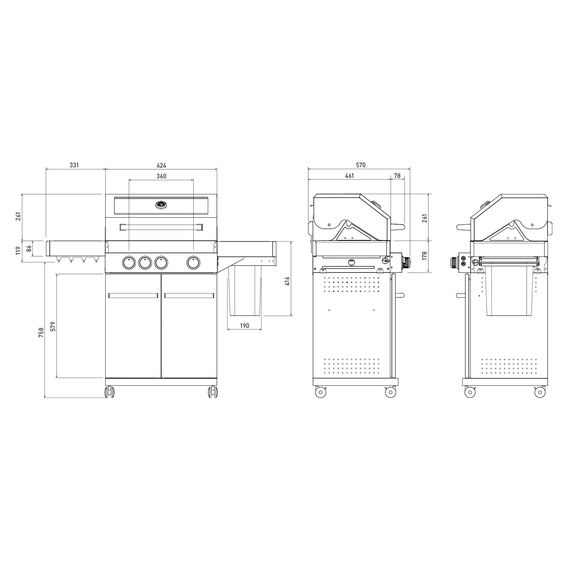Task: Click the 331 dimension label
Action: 74,165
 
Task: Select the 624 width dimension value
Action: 161,165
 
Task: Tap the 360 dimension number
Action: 161,176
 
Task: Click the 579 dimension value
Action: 53,326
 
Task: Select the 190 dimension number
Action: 245,326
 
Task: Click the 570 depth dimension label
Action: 361,165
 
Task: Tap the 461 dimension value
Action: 349,176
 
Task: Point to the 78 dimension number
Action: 397,176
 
